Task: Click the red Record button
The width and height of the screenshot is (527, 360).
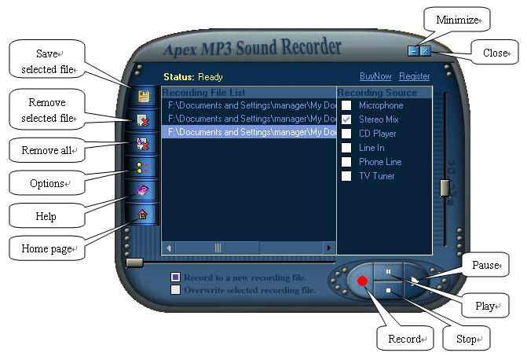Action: tap(362, 281)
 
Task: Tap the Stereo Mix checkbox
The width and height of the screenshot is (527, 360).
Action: tap(346, 119)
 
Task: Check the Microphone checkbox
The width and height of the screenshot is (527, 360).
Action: tap(346, 105)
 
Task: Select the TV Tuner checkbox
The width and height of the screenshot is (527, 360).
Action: tap(346, 176)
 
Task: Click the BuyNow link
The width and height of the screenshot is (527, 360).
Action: tap(375, 76)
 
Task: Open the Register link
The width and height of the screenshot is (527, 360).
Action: tap(414, 76)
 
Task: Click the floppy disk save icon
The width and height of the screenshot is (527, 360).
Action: tap(144, 97)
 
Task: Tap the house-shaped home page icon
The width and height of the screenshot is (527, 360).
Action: tap(143, 214)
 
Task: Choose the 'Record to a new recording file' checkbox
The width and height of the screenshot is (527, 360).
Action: tap(176, 277)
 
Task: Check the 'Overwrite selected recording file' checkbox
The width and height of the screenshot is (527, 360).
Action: tap(176, 289)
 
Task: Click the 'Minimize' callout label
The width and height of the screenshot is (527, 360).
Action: tap(458, 20)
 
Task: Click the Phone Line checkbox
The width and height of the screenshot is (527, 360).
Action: tap(346, 162)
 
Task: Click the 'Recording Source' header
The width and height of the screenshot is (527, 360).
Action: tap(377, 93)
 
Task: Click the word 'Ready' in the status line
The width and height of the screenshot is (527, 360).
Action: tap(210, 77)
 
